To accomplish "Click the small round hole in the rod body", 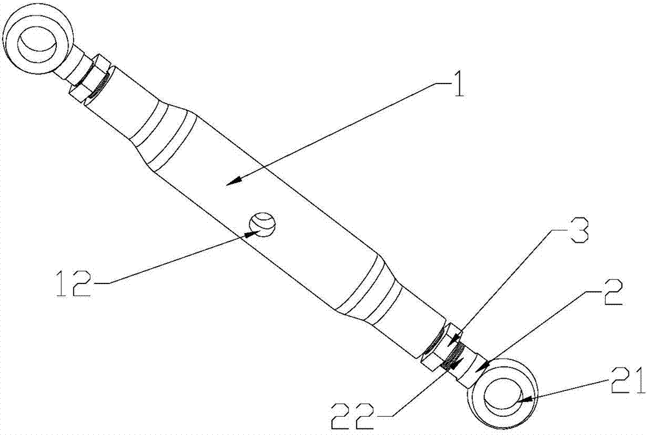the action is tap(262, 224).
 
